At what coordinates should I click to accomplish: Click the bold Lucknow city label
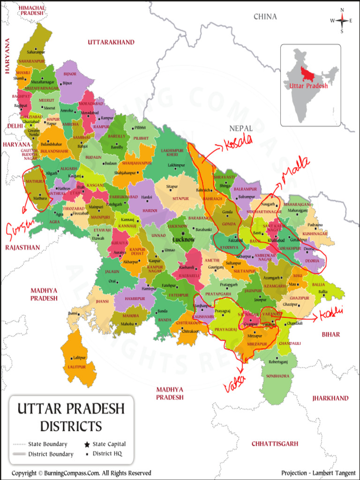[183, 239]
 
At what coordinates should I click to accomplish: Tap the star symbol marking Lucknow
[183, 233]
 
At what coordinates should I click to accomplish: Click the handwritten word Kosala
[238, 141]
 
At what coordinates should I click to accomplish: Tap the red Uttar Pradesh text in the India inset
[306, 86]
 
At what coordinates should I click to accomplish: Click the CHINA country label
[265, 17]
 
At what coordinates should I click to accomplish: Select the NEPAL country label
[240, 128]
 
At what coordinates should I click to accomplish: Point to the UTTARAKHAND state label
[111, 42]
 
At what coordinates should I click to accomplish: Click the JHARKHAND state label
[330, 398]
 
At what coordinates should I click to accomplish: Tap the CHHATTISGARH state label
[275, 443]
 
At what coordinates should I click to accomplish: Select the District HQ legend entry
[105, 454]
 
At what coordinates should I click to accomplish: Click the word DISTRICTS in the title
[71, 426]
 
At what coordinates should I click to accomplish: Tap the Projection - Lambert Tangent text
[317, 473]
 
